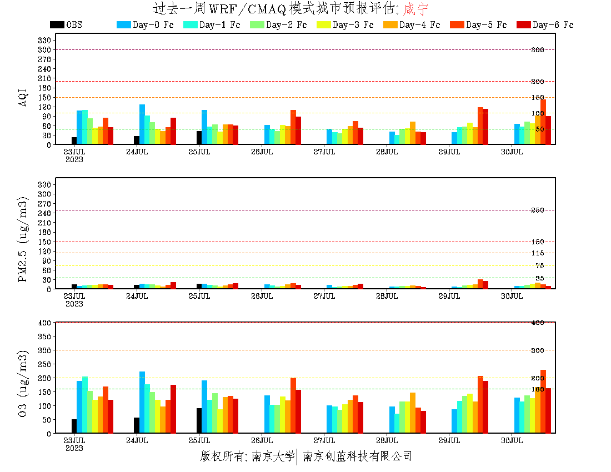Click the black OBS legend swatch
[57, 24]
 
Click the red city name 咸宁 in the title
[416, 9]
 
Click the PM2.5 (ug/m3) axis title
[23, 239]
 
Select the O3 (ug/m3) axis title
[23, 383]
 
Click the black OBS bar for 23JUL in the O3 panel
[74, 426]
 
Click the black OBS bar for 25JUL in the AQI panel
[199, 137]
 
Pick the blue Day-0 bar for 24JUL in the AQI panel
[142, 124]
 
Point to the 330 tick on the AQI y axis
[44, 40]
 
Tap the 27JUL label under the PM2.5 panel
[324, 297]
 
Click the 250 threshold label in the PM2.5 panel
[537, 210]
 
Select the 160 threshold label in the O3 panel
[537, 389]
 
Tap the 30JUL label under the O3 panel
[512, 441]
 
